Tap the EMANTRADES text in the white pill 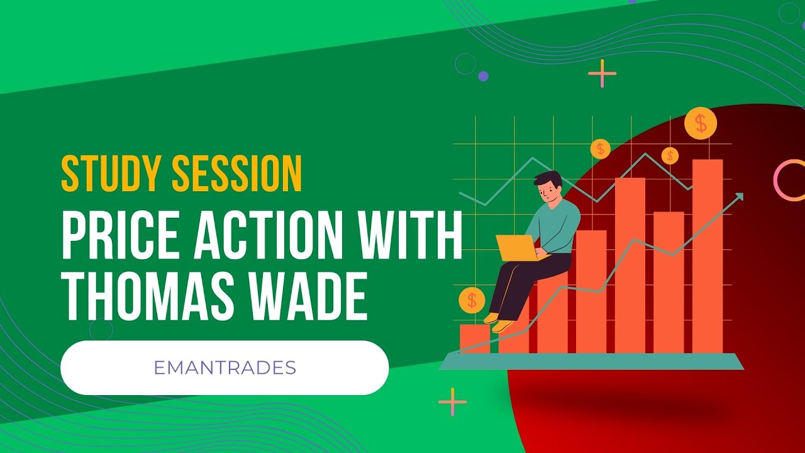coord(225,367)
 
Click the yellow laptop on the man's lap coord(514,247)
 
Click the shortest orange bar coord(474,338)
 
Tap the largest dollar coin coord(701,123)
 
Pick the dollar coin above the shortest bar coord(472,300)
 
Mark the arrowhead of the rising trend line coord(740,196)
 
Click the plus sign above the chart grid coord(602,74)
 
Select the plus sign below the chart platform coord(452,401)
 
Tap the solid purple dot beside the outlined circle coord(483,76)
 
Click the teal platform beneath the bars coord(591,361)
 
